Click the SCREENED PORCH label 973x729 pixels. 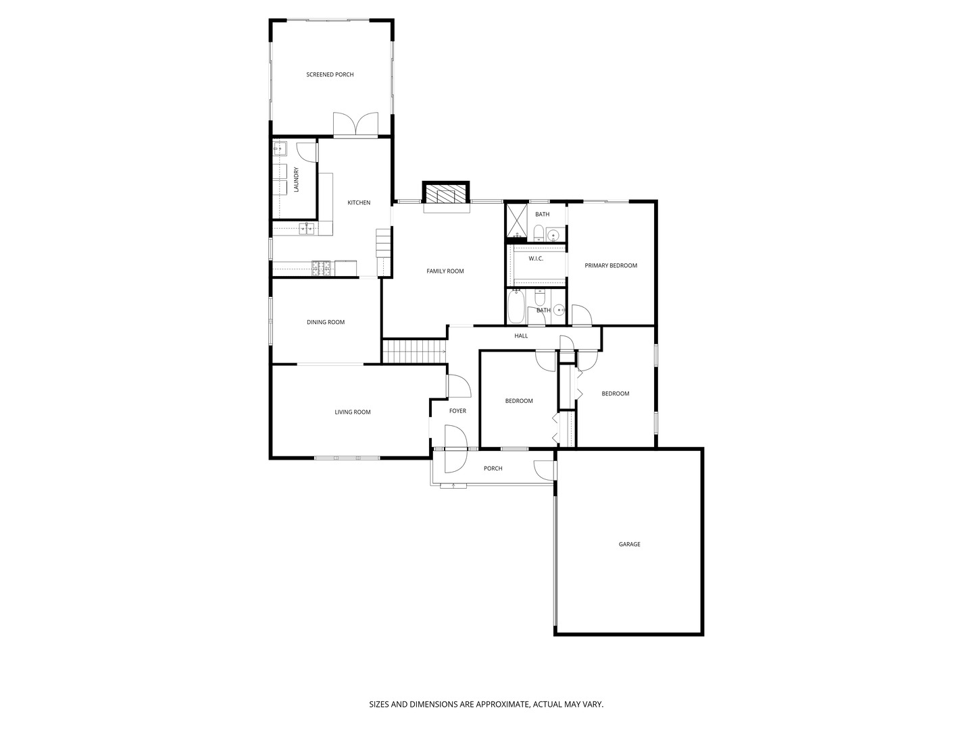tap(330, 75)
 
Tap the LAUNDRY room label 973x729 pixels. tap(296, 180)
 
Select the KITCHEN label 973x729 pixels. tap(359, 202)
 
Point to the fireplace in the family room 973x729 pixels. tap(445, 194)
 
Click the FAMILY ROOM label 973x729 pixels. tap(445, 271)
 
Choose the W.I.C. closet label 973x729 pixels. tap(535, 259)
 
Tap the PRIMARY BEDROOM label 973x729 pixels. tap(611, 265)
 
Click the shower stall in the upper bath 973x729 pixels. tap(517, 223)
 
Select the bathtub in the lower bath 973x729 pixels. tap(516, 306)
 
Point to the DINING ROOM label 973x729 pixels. tap(326, 322)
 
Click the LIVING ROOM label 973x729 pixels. tap(353, 412)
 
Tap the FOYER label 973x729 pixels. tap(457, 411)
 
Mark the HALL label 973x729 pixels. tap(521, 336)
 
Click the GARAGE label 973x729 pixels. tap(630, 545)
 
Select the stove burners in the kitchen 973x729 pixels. tap(322, 268)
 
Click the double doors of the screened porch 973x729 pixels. tap(355, 124)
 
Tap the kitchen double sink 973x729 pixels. tap(307, 228)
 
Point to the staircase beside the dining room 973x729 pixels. tap(414, 352)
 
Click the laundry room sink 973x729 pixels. tap(280, 148)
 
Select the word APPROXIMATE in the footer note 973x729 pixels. tap(502, 704)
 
